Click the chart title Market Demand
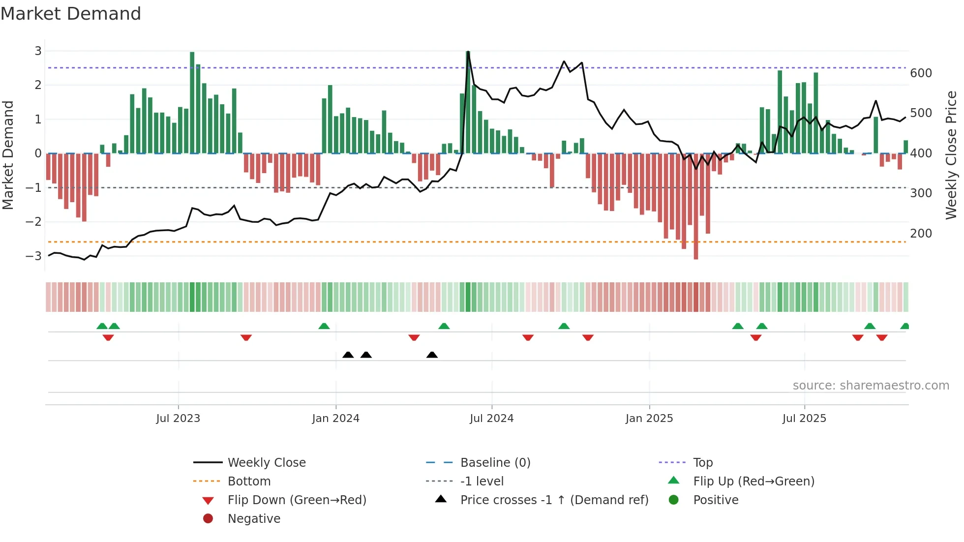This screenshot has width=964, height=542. click(71, 14)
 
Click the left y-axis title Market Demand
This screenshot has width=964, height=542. click(8, 155)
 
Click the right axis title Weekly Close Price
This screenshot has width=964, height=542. click(951, 155)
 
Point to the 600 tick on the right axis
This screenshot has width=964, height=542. click(921, 73)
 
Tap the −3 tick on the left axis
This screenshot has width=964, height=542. click(34, 256)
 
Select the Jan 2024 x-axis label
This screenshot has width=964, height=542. click(335, 419)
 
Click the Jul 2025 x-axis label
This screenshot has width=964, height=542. click(804, 419)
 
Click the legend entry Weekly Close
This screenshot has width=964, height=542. click(266, 463)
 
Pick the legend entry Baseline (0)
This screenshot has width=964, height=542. click(495, 463)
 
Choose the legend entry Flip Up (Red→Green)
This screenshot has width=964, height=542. click(753, 482)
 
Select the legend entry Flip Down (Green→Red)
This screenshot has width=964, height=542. click(297, 500)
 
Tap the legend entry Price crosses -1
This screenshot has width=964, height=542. click(554, 500)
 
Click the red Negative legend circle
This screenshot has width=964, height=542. click(208, 519)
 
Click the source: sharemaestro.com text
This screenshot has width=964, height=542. click(871, 386)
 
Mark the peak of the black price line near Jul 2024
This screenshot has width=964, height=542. click(468, 52)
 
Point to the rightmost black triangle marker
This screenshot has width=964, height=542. click(432, 355)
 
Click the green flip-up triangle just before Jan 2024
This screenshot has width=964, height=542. click(324, 326)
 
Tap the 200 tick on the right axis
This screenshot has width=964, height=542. click(921, 234)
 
